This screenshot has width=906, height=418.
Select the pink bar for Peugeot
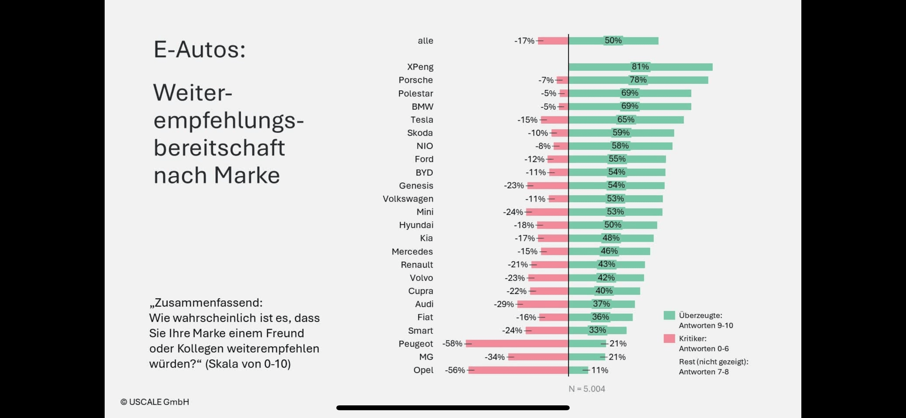[x=517, y=343]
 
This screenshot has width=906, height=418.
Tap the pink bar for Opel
[x=518, y=370]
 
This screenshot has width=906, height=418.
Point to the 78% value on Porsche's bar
[x=638, y=80]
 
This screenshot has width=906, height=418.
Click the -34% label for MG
[x=494, y=357]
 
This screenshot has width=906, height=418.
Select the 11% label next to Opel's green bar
[x=600, y=370]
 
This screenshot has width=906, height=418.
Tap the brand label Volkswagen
[x=408, y=199]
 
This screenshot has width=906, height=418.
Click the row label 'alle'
[x=425, y=41]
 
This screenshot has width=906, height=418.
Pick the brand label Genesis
[x=416, y=185]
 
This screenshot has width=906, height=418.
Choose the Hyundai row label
[x=416, y=225]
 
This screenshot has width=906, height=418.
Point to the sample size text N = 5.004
[x=587, y=389]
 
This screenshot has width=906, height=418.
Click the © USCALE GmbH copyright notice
[x=155, y=402]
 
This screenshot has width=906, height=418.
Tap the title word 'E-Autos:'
[x=199, y=49]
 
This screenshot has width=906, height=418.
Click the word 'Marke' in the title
[x=247, y=175]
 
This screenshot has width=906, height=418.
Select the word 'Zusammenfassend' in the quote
[x=208, y=303]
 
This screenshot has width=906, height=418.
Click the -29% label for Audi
[x=504, y=304]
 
